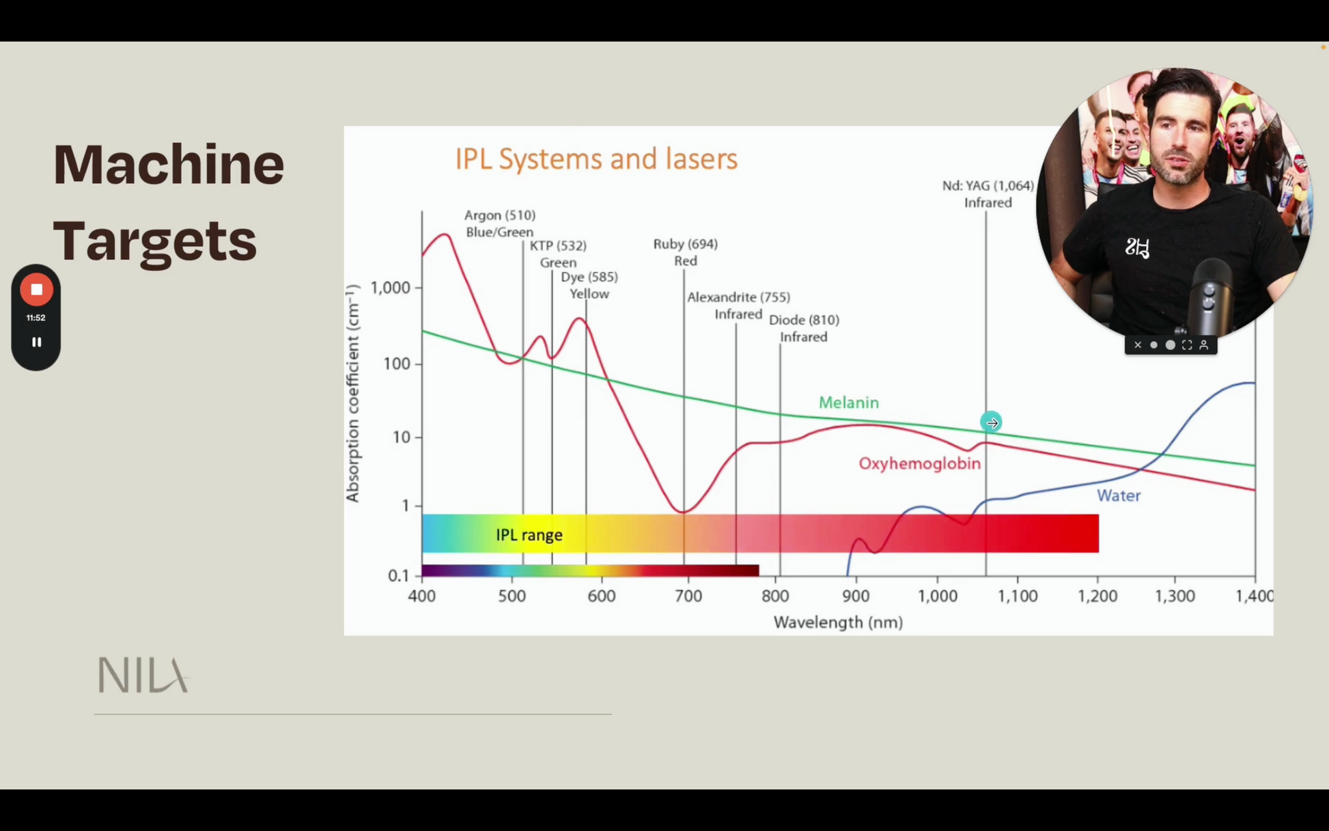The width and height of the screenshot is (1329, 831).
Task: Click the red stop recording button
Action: coord(36,290)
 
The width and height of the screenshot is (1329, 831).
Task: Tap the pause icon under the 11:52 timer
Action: coord(36,342)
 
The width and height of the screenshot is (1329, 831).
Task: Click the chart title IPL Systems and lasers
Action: coord(596,159)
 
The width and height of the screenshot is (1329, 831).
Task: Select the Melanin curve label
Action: coord(849,403)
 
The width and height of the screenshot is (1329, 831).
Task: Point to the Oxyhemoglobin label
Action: coord(919,463)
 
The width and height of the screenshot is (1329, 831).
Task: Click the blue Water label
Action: coord(1119,495)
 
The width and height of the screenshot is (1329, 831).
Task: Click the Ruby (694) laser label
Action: coord(685,244)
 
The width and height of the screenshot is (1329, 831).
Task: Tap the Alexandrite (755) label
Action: coord(738,297)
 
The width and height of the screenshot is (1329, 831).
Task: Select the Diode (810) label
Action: coord(804,320)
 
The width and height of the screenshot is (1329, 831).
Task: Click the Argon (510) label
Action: coord(500,215)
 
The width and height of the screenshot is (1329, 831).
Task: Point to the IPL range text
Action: coord(529,535)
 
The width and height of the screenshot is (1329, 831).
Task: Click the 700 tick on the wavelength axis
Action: coord(688,596)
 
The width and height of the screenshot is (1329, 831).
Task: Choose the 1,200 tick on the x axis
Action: coord(1097,596)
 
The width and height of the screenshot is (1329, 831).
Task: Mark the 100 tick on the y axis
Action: coord(397,364)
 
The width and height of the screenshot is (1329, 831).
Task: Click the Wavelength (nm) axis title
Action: coord(838,623)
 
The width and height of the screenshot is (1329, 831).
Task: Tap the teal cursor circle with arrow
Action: coord(991,422)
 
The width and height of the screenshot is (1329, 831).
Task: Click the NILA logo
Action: coord(143,675)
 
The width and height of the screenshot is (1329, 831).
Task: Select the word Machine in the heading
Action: coord(169,164)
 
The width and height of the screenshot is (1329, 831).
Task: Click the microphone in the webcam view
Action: coord(1209,297)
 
